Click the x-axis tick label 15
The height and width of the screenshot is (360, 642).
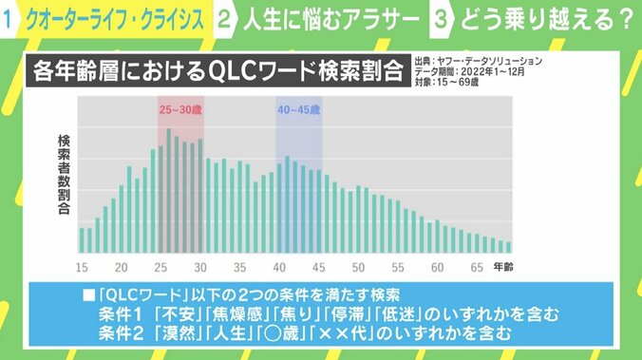click(x=82, y=267)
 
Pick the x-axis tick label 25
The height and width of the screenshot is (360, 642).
click(x=160, y=267)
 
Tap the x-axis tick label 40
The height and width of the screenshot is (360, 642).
click(x=279, y=267)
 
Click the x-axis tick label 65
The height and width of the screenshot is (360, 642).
click(x=477, y=267)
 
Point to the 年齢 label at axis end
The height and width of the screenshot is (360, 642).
click(x=507, y=267)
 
